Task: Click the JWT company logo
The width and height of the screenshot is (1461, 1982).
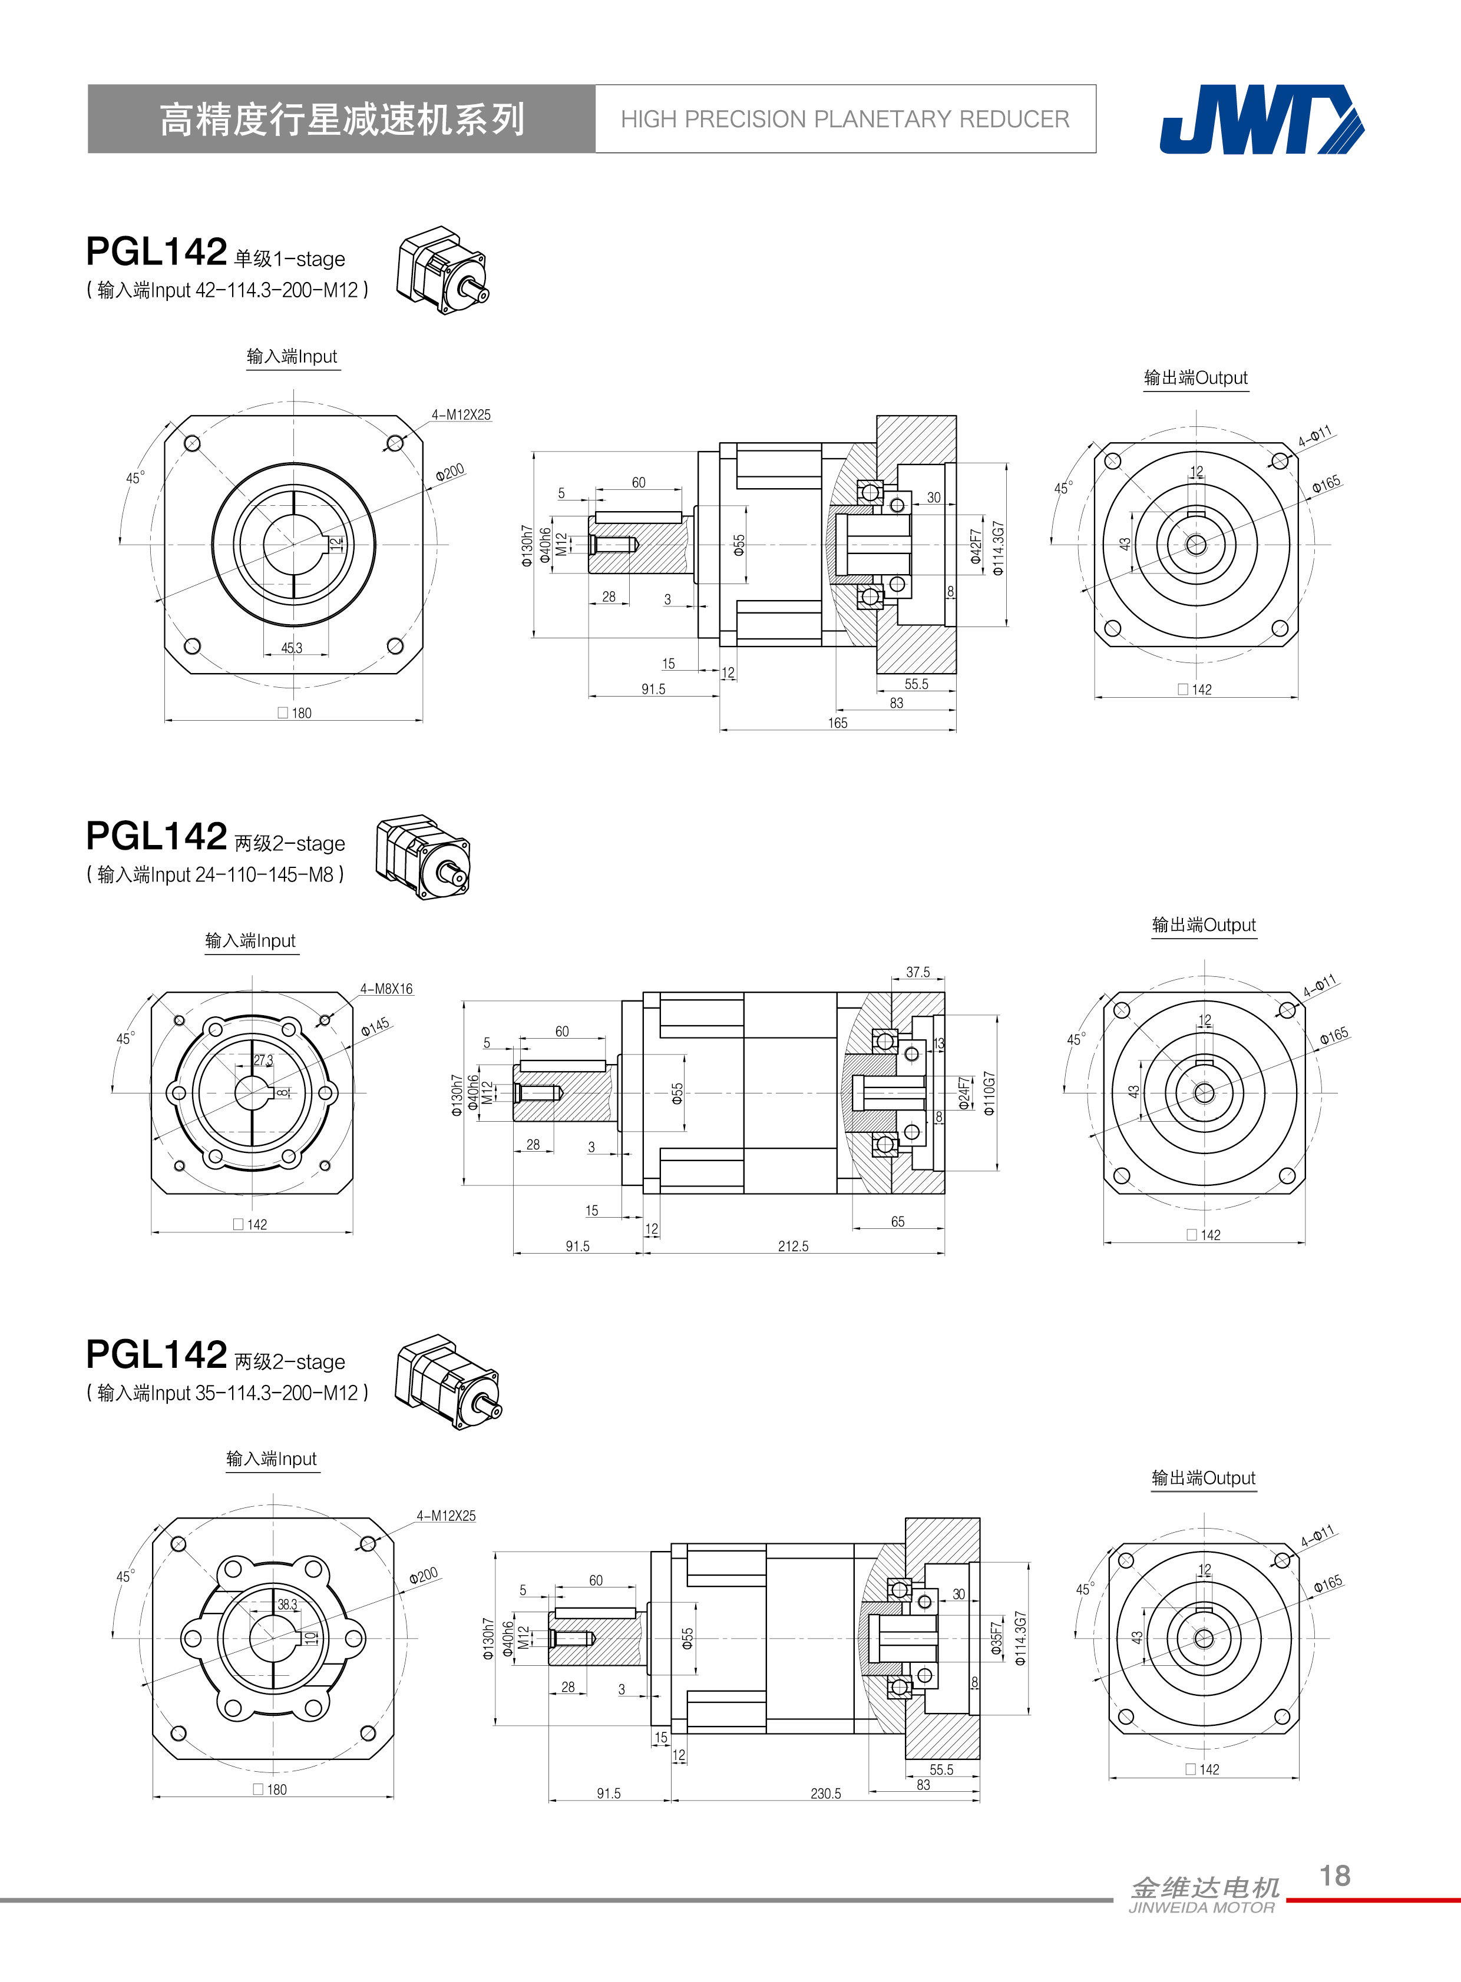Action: (1262, 120)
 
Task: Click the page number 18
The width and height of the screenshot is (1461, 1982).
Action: (1334, 1875)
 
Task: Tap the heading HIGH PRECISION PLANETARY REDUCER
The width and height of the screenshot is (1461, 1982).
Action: (845, 120)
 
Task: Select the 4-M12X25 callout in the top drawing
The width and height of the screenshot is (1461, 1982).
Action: (461, 415)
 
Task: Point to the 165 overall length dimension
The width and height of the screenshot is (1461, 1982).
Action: (838, 723)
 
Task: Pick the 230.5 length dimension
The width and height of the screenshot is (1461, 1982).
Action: (826, 1794)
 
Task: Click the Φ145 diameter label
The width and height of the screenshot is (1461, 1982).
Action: (375, 1026)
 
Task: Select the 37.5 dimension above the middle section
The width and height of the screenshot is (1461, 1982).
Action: (918, 972)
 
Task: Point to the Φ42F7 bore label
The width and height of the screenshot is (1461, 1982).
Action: (976, 546)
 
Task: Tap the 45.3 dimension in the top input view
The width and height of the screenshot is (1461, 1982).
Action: (292, 648)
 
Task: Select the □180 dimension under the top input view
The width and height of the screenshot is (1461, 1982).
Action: (295, 712)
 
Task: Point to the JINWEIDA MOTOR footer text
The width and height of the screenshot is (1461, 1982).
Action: (1202, 1908)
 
